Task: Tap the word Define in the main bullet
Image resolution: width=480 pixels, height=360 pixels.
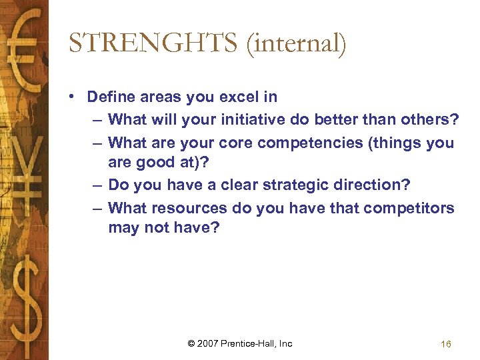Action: coord(109,97)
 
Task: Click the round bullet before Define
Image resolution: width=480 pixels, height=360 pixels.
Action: coord(71,97)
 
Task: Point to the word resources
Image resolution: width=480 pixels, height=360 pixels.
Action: coord(190,208)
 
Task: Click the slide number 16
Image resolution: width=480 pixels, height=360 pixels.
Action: coord(446,344)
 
